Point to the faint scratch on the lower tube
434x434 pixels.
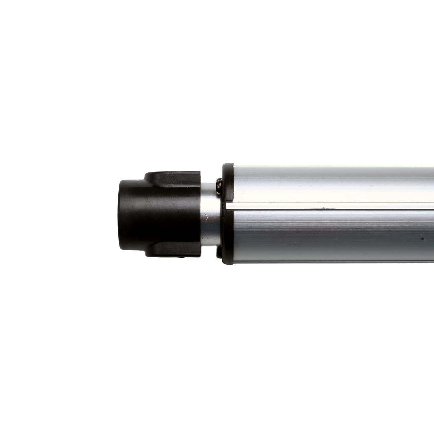point(295,244)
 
